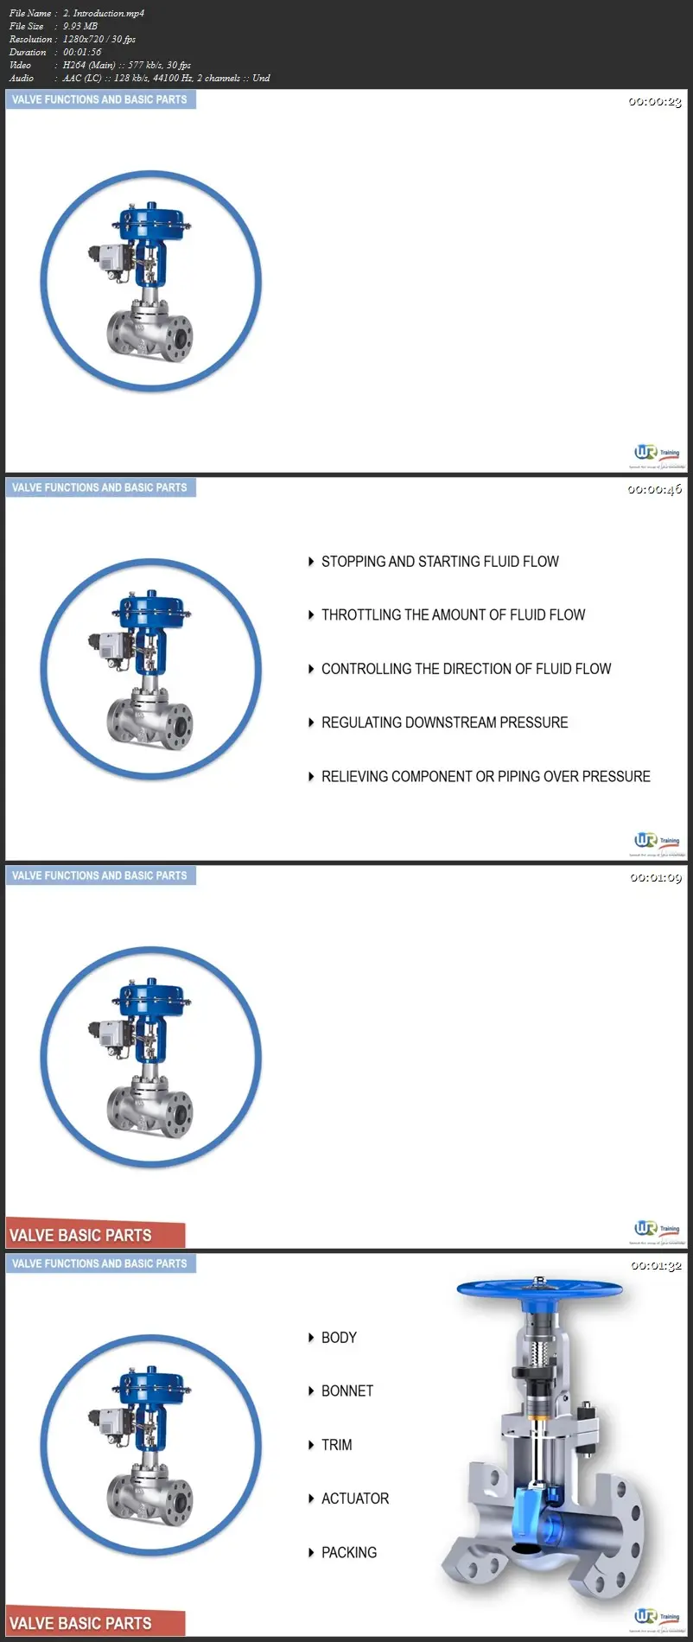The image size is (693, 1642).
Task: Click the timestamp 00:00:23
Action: coord(654,102)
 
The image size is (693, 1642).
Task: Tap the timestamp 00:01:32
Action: coord(656,1265)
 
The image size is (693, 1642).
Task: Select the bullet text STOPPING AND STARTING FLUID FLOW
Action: coord(440,562)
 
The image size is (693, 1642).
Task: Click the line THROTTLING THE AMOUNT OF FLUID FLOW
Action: coord(453,615)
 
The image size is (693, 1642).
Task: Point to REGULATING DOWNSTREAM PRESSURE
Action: coord(444,722)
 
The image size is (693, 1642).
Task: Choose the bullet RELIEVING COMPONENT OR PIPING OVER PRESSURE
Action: coord(486,777)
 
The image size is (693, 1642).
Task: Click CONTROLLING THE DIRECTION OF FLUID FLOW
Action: coord(466,669)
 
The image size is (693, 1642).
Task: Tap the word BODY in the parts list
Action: coord(339,1338)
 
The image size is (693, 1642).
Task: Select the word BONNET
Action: coord(347,1391)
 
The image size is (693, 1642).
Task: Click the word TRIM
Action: coord(336,1445)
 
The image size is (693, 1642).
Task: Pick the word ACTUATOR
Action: coord(355,1499)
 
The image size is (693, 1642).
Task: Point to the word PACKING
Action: coord(349,1553)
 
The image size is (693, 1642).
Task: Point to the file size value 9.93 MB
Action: coord(80,26)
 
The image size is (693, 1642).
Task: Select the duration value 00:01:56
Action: coord(82,52)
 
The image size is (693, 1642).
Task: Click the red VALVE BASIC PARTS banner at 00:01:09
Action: coord(95,1235)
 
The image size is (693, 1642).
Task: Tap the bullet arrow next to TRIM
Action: coord(311,1445)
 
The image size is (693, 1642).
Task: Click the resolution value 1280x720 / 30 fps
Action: coord(99,39)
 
